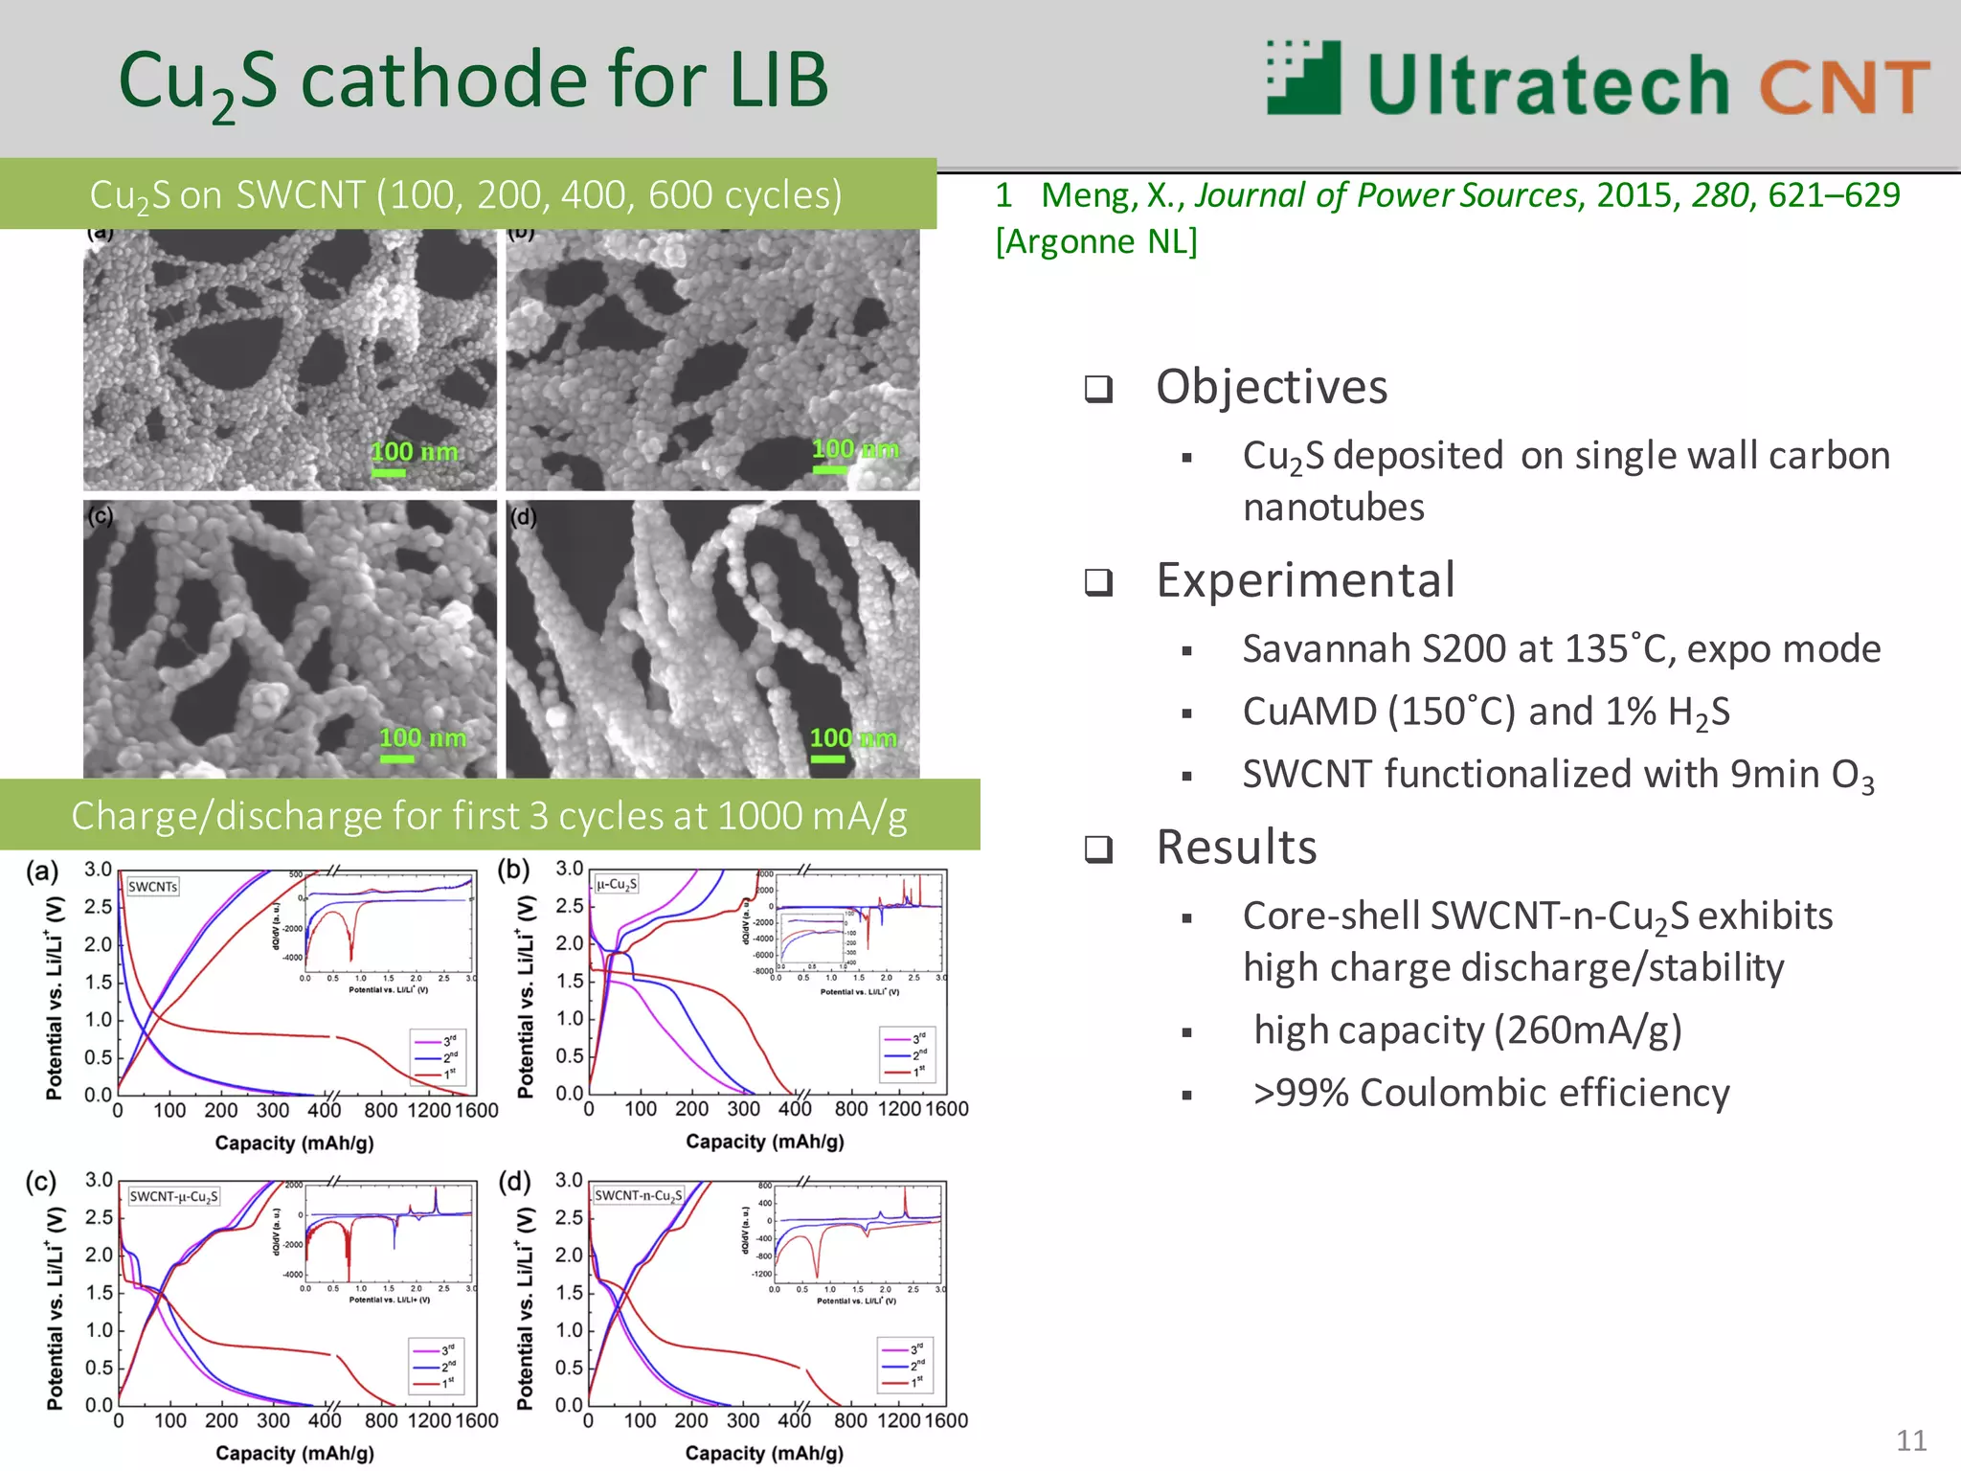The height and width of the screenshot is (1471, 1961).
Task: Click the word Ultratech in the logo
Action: [1547, 85]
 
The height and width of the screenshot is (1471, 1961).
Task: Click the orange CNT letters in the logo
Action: [1844, 87]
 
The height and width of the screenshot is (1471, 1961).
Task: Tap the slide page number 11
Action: [1911, 1440]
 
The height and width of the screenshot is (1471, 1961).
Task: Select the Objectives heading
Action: [1272, 388]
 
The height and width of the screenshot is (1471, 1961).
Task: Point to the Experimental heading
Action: [1305, 581]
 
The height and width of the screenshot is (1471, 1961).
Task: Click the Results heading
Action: [1236, 848]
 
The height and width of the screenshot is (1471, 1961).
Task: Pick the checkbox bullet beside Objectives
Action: [1098, 389]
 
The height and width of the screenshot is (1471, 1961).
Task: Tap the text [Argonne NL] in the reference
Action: [1096, 241]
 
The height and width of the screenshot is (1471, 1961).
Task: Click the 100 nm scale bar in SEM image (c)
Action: [396, 758]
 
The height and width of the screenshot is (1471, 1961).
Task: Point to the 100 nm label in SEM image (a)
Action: [414, 451]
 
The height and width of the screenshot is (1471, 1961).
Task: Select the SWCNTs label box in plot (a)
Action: [153, 887]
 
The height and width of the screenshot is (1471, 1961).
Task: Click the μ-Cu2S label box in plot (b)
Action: [617, 884]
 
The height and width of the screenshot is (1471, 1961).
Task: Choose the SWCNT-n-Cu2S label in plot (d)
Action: [638, 1195]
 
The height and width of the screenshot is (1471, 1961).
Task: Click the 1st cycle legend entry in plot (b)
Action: [905, 1072]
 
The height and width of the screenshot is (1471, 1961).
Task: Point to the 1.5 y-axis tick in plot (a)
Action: [99, 982]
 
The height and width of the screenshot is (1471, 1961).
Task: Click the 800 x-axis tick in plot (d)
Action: [850, 1420]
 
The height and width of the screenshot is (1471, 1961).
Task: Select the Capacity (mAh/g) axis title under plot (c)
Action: [295, 1453]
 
